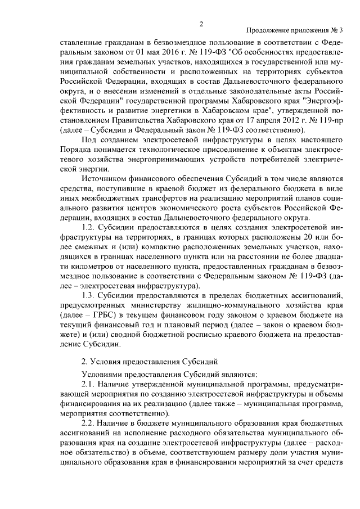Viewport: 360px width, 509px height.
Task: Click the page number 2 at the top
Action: [x=200, y=22]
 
